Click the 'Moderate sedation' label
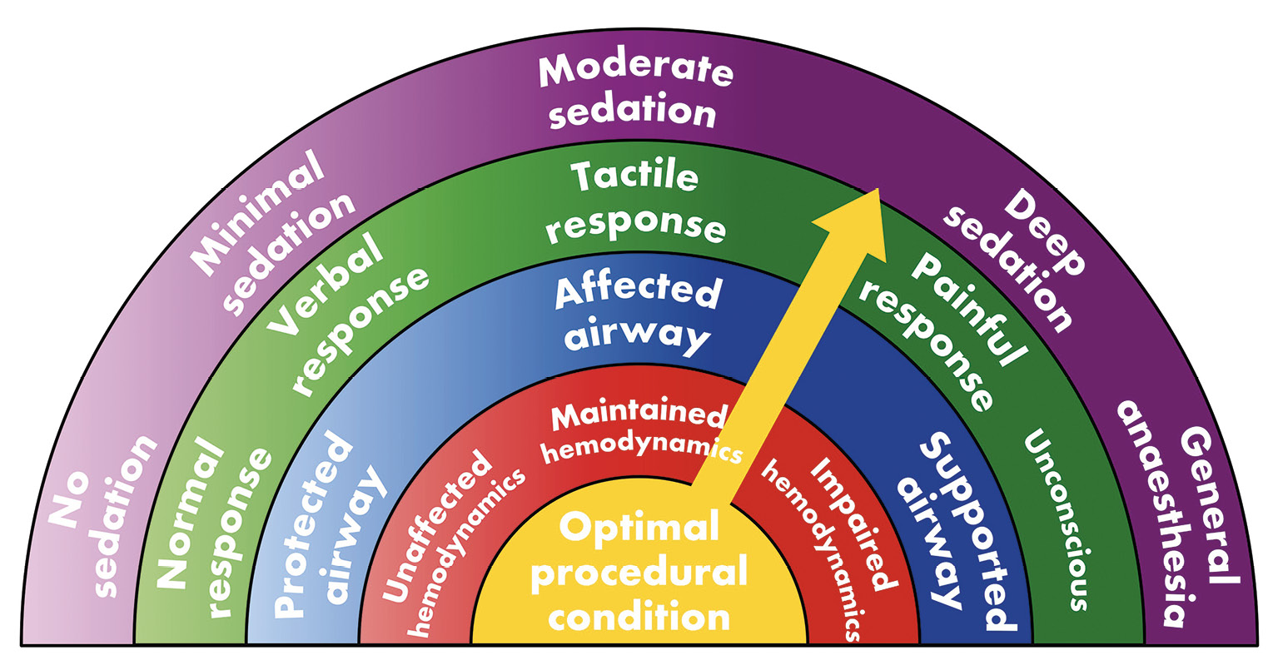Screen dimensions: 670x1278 pos(634,92)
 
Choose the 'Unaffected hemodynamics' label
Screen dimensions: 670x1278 pos(451,541)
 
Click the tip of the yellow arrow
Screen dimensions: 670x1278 pos(878,191)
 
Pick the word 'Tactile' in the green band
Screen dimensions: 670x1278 pos(634,177)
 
